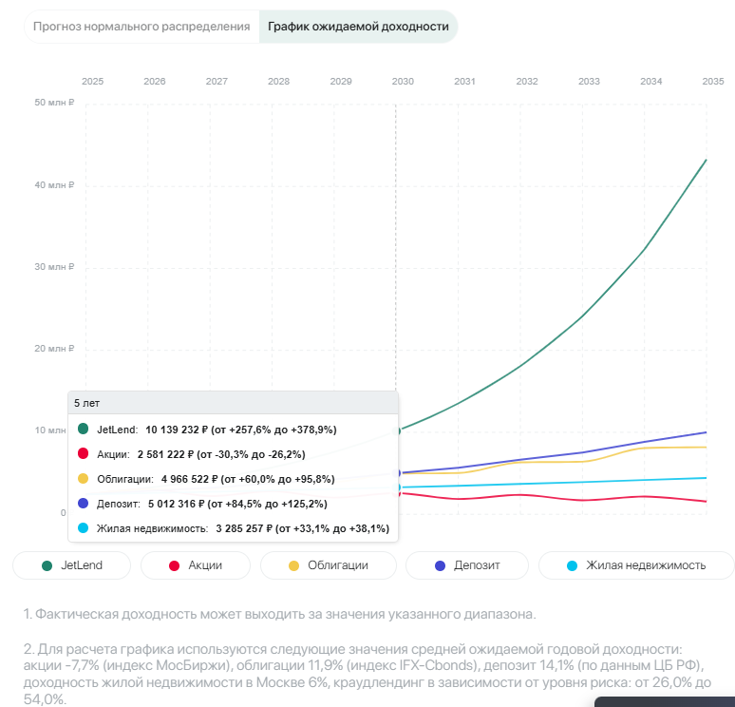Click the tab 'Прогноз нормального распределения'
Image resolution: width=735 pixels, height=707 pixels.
[x=141, y=27]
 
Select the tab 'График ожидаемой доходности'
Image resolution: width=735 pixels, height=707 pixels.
[x=358, y=27]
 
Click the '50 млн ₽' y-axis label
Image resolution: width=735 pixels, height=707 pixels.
[x=54, y=103]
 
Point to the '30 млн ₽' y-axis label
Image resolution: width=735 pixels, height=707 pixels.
[x=54, y=267]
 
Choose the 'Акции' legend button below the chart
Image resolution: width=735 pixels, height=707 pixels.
[x=195, y=565]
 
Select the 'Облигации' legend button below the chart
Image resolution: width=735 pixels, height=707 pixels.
[x=327, y=565]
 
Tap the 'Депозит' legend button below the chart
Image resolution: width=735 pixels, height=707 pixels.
[x=467, y=565]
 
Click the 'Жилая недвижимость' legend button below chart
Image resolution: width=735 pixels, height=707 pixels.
[x=635, y=565]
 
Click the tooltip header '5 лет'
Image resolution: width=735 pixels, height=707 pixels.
[x=86, y=403]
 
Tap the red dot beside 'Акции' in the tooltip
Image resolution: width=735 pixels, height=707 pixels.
[x=83, y=454]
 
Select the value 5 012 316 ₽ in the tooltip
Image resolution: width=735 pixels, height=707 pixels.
[x=191, y=504]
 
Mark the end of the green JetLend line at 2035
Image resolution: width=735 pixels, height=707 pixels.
[x=706, y=160]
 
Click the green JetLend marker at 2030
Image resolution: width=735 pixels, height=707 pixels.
[x=397, y=430]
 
